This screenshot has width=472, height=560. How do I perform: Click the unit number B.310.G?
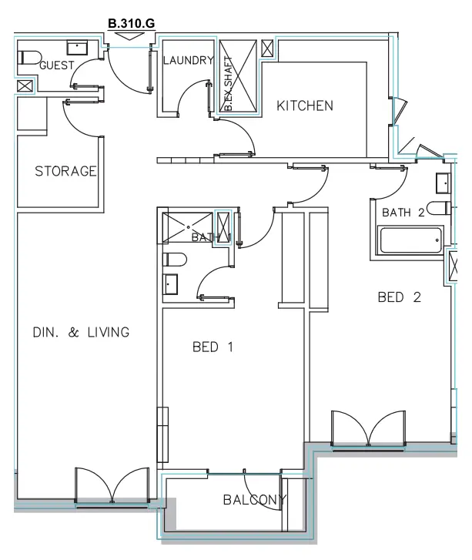[132, 24]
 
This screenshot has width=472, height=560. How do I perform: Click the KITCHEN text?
[305, 106]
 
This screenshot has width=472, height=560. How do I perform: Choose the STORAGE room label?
[65, 171]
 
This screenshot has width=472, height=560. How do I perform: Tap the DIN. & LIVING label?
[80, 333]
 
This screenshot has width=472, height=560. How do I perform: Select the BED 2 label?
[399, 297]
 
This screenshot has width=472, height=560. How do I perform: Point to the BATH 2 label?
[403, 213]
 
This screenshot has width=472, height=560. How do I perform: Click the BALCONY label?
[253, 500]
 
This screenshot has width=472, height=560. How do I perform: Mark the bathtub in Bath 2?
[412, 240]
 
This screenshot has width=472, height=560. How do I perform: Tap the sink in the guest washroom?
[79, 47]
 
